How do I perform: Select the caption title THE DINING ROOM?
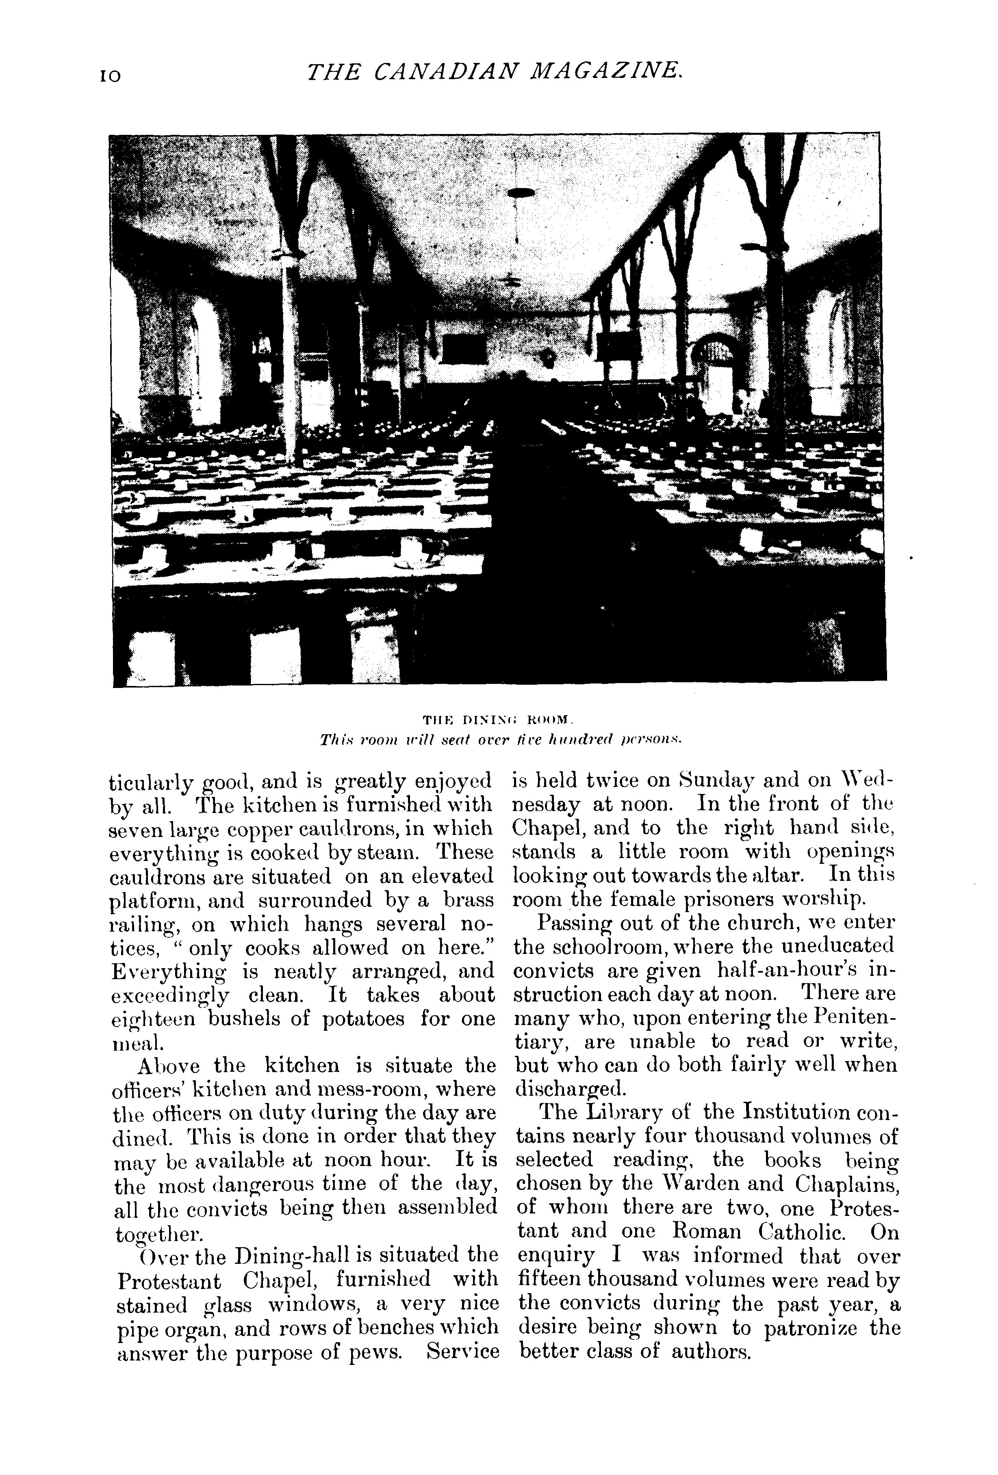498,720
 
